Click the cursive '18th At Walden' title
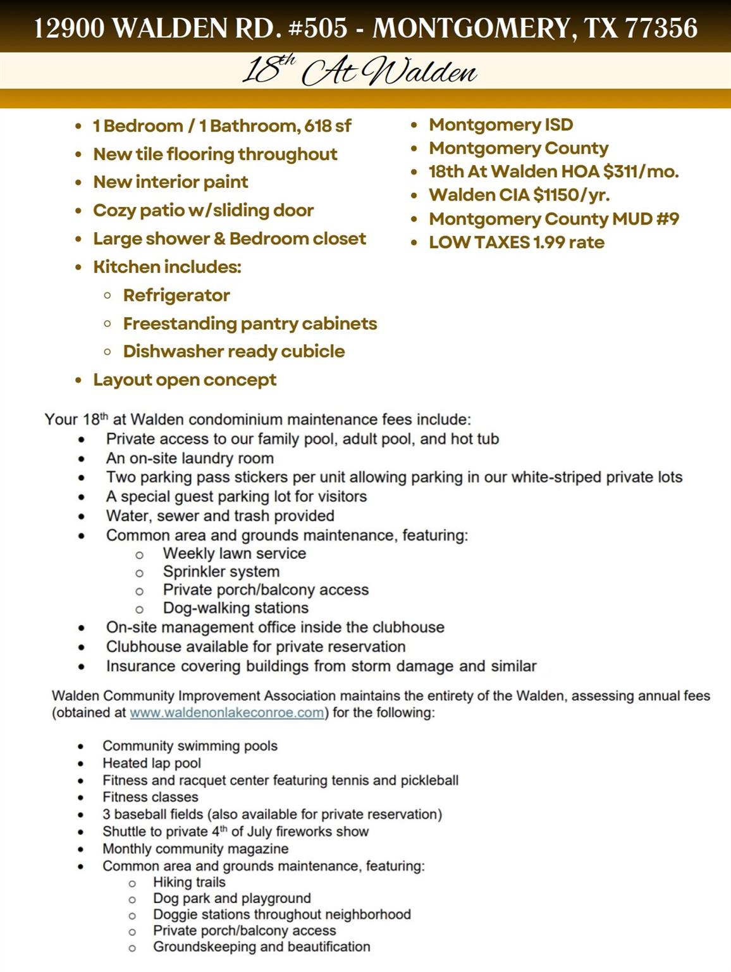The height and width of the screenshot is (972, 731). [x=359, y=71]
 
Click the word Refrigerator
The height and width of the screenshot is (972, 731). [x=176, y=296]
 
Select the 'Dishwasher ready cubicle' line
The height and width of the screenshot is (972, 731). [x=234, y=351]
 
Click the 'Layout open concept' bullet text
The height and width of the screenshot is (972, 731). [x=185, y=380]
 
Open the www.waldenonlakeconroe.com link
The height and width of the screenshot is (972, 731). [x=227, y=713]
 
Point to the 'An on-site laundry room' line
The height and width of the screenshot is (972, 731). [x=190, y=458]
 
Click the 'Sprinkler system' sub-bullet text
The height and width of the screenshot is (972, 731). [x=221, y=571]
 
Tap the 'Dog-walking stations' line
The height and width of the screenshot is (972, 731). [x=236, y=608]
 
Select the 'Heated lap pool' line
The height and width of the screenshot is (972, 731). [x=152, y=763]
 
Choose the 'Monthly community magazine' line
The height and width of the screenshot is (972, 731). [x=195, y=849]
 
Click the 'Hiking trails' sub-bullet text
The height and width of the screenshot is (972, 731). [x=189, y=882]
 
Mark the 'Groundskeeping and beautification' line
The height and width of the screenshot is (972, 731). [x=262, y=947]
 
